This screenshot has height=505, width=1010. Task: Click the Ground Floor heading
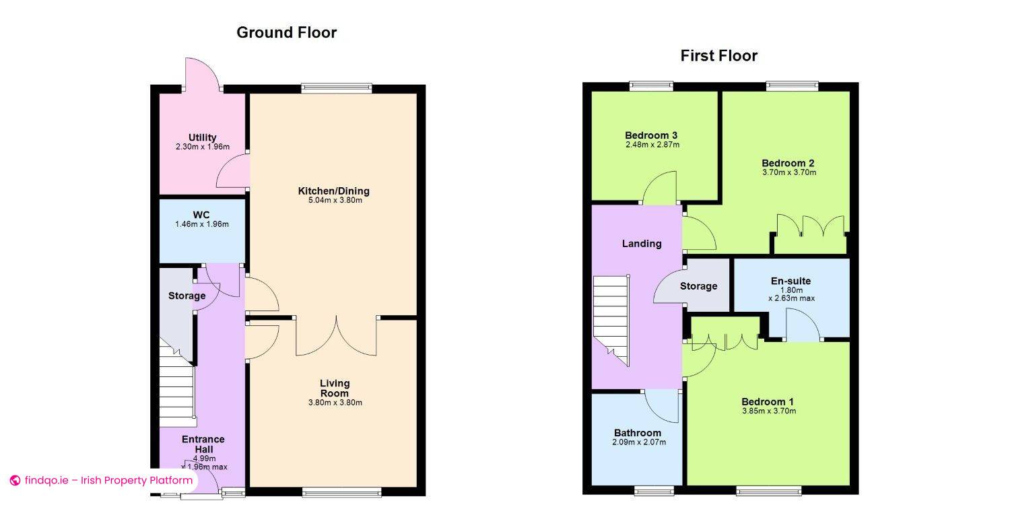point(286,32)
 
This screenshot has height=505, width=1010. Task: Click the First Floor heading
point(718,56)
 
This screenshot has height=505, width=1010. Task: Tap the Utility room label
point(203,137)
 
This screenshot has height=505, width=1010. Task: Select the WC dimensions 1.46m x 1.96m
point(202,224)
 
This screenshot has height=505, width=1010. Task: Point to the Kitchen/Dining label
point(334,191)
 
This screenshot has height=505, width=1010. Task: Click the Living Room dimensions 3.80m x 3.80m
point(335,403)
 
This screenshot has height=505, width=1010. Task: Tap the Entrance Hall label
point(203,444)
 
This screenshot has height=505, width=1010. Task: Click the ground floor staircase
point(178,383)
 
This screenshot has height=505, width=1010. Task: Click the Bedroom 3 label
point(651,135)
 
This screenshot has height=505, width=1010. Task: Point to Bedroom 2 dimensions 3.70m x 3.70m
point(789,172)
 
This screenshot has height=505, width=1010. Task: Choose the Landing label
point(642,244)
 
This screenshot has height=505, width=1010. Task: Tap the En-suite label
point(791,281)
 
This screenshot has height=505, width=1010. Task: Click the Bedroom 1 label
point(768,401)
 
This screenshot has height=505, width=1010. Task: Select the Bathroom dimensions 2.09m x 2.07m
point(639,442)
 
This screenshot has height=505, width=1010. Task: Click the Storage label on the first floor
point(698,286)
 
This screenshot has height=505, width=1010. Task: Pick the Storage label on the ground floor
point(187,296)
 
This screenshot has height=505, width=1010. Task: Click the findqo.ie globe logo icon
point(15,481)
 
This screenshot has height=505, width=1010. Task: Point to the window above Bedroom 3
point(651,86)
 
